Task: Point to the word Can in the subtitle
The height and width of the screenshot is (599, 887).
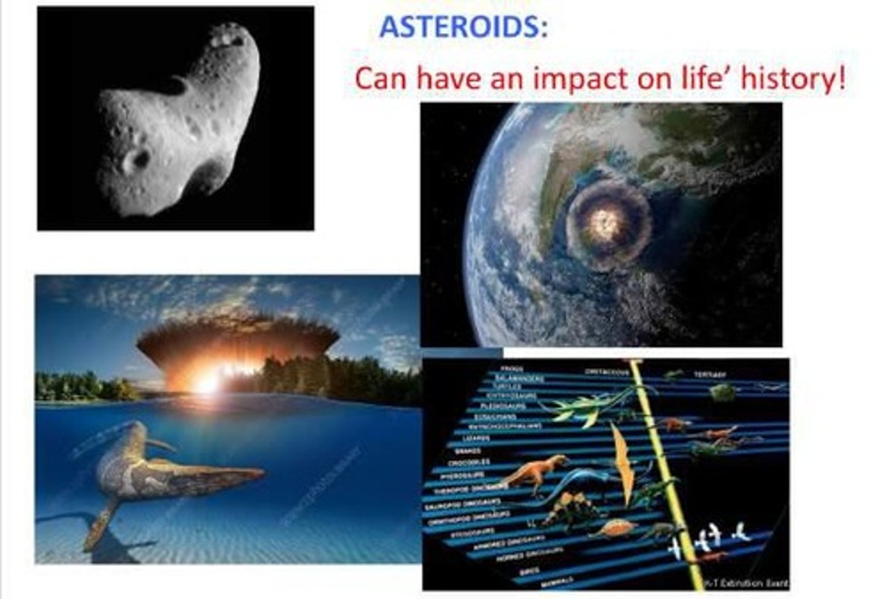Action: coord(381,79)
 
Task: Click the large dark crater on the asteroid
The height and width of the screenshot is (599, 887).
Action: coord(137,159)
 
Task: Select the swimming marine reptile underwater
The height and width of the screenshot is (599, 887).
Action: coord(166,474)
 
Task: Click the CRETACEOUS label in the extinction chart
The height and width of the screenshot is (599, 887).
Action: coord(607,372)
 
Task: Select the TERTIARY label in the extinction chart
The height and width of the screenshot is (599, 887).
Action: coord(710,374)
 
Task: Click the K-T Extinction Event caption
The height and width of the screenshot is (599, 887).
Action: coord(747,582)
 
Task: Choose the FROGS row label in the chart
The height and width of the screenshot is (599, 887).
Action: coord(512,369)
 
